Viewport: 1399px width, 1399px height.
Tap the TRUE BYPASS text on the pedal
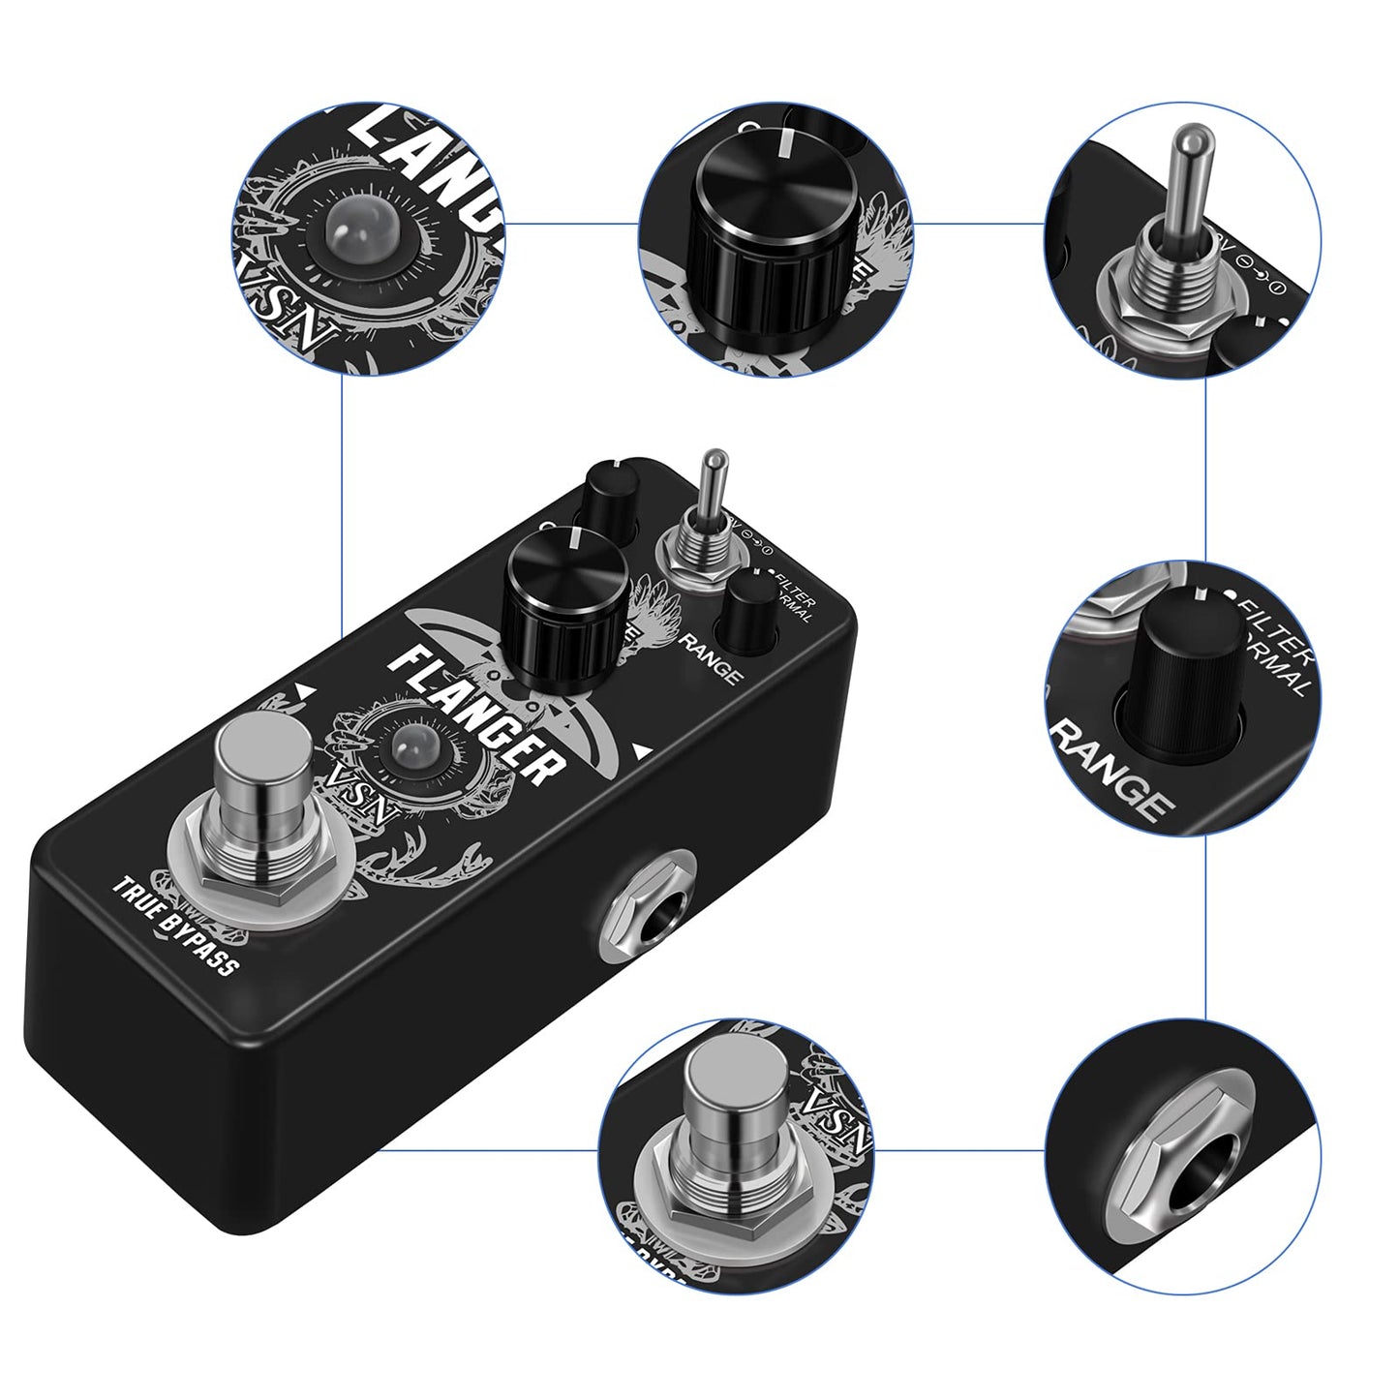175,925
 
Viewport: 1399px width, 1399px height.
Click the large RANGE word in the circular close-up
1111,769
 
